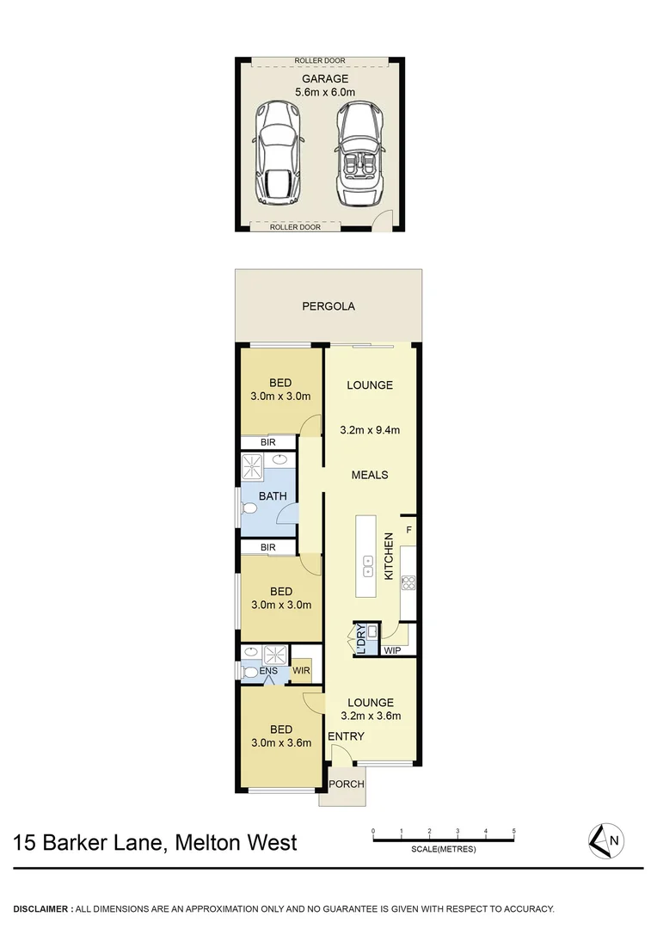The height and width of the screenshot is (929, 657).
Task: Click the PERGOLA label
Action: [x=328, y=306]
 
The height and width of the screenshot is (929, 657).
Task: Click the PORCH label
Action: [x=347, y=784]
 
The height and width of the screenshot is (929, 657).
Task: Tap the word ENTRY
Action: [x=346, y=736]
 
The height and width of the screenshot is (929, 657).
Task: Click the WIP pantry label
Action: [x=393, y=650]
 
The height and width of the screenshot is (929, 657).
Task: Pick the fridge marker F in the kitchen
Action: [x=408, y=530]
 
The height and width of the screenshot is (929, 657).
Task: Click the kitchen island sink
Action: [x=367, y=566]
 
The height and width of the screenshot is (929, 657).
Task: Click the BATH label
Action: [x=273, y=496]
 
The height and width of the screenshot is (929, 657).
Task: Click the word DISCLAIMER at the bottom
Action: [x=41, y=909]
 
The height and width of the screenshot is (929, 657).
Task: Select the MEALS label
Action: [x=370, y=475]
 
